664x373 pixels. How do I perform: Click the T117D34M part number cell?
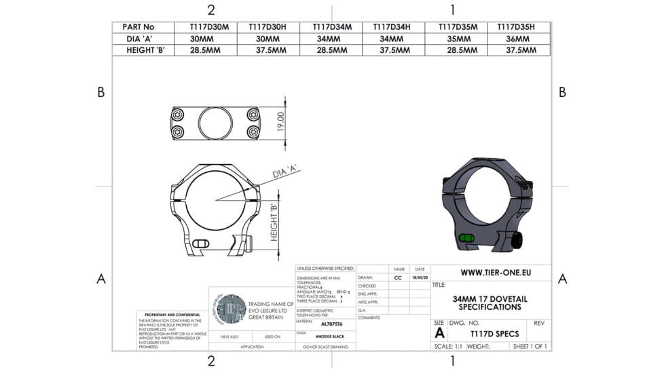(x=331, y=27)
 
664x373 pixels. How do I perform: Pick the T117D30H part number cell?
(x=268, y=27)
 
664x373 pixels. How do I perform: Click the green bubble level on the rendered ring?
(x=465, y=237)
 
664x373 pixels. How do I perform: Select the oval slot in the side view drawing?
(x=200, y=244)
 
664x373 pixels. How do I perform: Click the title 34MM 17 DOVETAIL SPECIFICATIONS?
(x=490, y=303)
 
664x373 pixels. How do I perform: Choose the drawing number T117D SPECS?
(x=494, y=334)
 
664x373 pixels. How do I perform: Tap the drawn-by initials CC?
(x=398, y=277)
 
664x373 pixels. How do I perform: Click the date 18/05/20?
(x=420, y=277)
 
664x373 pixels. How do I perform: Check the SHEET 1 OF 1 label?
(x=530, y=347)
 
